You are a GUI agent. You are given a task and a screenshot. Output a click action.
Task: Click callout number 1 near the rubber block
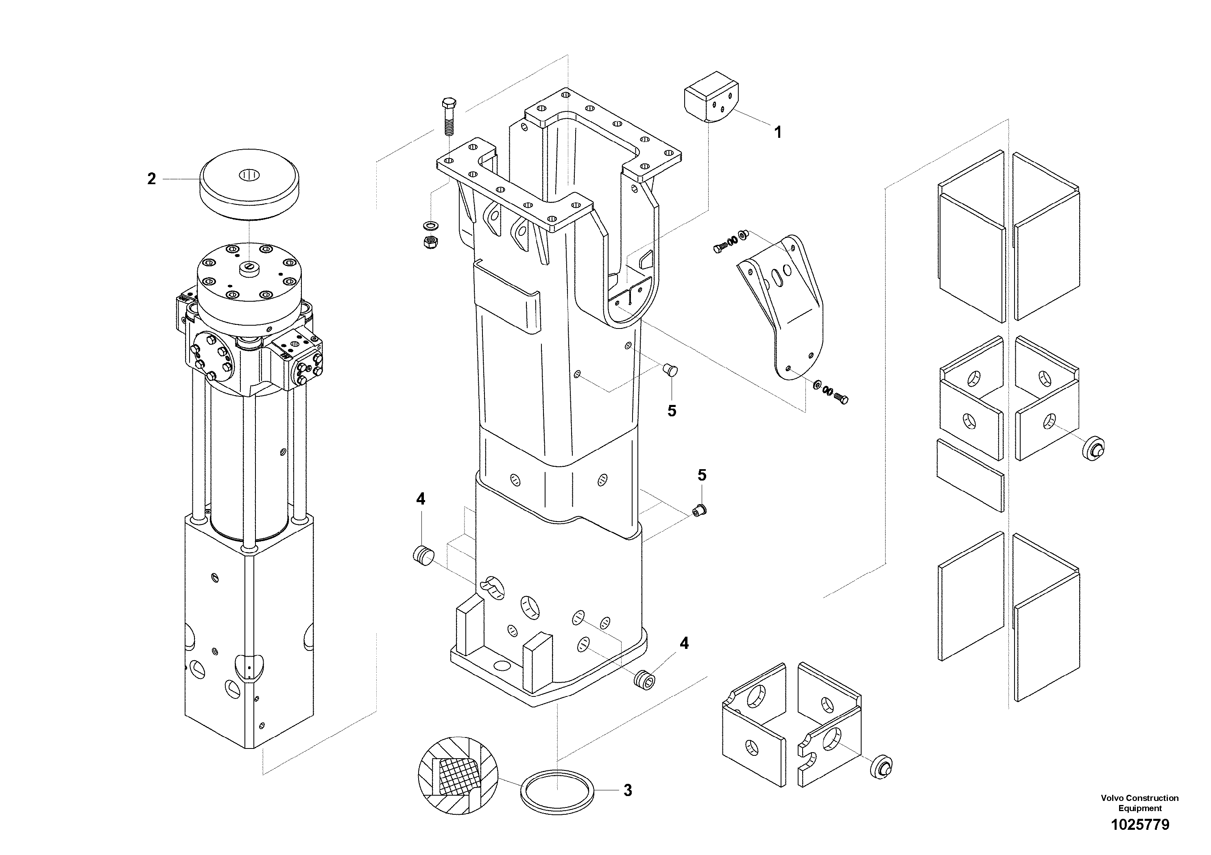(x=777, y=132)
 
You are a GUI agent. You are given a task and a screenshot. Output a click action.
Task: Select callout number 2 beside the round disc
(x=151, y=179)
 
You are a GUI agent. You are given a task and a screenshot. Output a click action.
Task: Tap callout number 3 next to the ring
(x=627, y=791)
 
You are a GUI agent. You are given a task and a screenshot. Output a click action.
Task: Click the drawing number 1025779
(x=1140, y=825)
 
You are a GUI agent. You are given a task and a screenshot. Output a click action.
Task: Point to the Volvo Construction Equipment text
(x=1139, y=803)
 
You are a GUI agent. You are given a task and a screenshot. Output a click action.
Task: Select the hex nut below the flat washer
(x=431, y=242)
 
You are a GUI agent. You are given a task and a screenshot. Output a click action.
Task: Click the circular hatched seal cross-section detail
(x=458, y=776)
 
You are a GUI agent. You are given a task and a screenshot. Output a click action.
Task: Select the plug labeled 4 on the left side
(x=423, y=556)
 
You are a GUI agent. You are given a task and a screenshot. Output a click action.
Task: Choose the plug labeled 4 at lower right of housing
(x=644, y=679)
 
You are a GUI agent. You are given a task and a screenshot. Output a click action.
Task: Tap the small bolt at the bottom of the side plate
(x=841, y=400)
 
